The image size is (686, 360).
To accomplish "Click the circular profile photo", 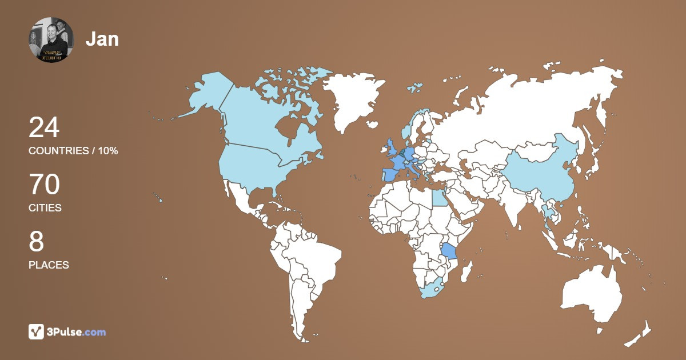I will click(x=51, y=39).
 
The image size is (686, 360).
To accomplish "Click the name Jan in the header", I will click(x=102, y=39).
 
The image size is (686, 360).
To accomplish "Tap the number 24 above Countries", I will click(x=44, y=127).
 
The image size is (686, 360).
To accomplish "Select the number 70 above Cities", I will click(x=44, y=185).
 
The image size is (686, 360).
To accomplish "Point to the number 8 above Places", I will click(x=36, y=242).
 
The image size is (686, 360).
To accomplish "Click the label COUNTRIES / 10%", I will click(x=73, y=151).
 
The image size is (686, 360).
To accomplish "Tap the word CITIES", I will click(x=45, y=208).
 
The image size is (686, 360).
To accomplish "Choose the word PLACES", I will click(x=49, y=265).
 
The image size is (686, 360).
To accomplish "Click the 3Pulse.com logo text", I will click(x=75, y=331).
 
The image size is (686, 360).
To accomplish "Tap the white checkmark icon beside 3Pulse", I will click(x=36, y=331).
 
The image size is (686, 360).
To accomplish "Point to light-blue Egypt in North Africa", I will click(x=438, y=198).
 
